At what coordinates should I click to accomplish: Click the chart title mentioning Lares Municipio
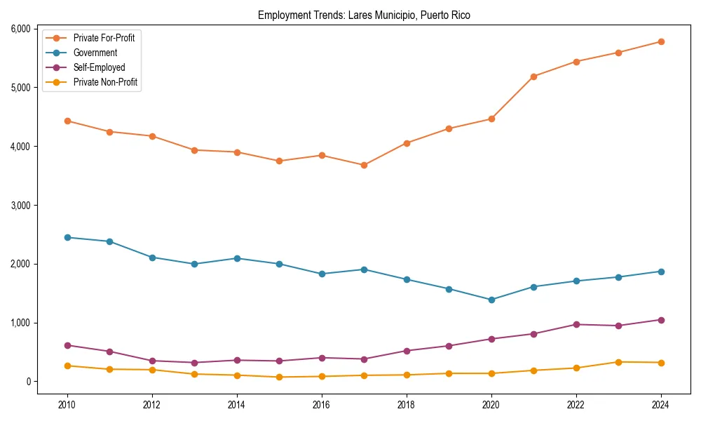(x=364, y=15)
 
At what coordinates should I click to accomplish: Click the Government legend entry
(x=95, y=53)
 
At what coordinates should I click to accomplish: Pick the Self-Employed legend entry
(x=99, y=67)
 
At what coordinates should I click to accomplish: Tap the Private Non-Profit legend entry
(x=105, y=82)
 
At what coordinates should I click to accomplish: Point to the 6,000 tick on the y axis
(x=19, y=29)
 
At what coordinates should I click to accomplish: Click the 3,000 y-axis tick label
(x=19, y=205)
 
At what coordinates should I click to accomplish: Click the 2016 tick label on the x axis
(x=322, y=405)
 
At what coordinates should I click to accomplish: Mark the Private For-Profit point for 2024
(x=661, y=41)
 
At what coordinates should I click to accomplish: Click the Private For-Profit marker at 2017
(x=364, y=165)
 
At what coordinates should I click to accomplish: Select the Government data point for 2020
(x=491, y=300)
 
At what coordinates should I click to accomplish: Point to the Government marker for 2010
(x=67, y=237)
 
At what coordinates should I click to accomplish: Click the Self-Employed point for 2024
(x=661, y=320)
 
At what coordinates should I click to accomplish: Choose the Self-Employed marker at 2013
(x=194, y=363)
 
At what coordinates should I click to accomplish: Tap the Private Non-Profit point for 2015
(x=279, y=377)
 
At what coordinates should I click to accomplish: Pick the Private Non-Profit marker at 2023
(x=618, y=362)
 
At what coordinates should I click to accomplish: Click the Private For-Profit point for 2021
(x=533, y=76)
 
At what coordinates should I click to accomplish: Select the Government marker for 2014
(x=237, y=258)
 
